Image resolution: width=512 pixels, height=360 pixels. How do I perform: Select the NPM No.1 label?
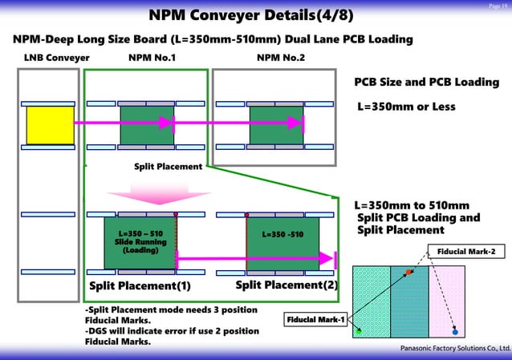152,58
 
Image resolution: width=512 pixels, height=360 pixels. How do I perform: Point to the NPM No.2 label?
280,58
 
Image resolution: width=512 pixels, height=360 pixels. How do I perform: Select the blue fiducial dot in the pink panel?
455,330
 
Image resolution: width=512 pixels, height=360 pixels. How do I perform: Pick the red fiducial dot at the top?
409,273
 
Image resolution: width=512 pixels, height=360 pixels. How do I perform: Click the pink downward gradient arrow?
146,193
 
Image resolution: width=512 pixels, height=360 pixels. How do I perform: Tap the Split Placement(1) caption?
140,285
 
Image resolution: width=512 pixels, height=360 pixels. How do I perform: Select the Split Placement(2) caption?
286,285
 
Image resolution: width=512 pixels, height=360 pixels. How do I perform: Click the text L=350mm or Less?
405,107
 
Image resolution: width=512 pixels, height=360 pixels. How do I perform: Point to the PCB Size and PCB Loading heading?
426,83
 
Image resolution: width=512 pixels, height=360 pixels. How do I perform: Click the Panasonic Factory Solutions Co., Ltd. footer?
454,350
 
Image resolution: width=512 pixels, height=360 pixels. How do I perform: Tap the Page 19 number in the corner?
498,6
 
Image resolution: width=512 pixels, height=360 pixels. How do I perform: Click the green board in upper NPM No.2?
276,125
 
